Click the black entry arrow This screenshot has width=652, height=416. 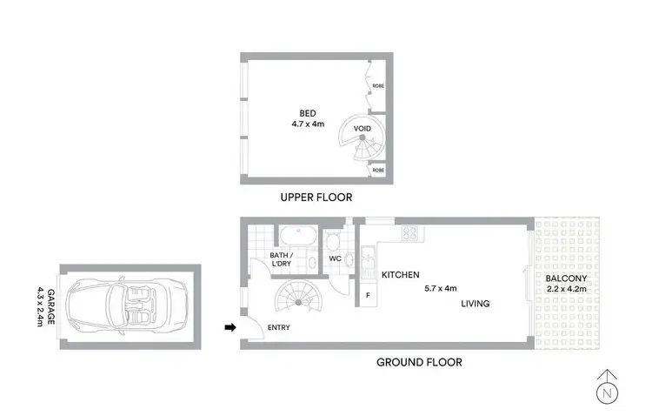point(230,328)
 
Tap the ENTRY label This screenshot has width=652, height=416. point(279,328)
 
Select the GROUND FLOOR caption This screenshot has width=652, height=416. point(419,362)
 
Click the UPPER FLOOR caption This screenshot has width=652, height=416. point(316,198)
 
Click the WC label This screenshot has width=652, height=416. point(335,258)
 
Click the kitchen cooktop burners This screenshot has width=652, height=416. point(409,232)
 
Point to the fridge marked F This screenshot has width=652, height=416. point(368,295)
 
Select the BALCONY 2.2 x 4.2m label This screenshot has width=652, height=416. point(566,285)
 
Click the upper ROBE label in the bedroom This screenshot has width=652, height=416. point(378,87)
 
